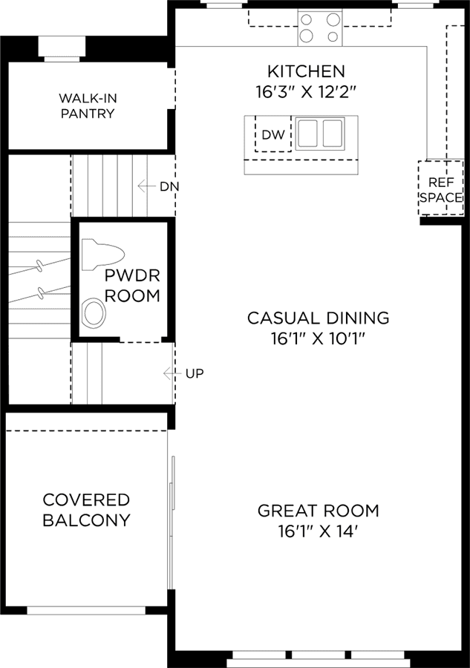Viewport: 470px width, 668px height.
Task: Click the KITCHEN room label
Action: click(x=306, y=71)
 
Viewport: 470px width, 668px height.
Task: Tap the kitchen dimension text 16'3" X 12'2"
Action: click(x=305, y=91)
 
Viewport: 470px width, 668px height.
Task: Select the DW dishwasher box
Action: click(x=273, y=134)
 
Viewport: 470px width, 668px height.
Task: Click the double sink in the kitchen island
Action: click(x=320, y=134)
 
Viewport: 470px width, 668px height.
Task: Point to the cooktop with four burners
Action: click(x=320, y=28)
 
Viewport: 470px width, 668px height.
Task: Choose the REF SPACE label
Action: click(x=440, y=190)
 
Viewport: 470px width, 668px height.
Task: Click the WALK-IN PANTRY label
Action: click(x=88, y=106)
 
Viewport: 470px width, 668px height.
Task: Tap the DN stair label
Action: click(x=169, y=186)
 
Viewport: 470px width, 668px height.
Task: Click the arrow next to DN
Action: click(x=146, y=186)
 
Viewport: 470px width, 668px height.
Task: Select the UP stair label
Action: click(x=195, y=373)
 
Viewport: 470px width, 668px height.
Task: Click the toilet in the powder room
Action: click(x=102, y=255)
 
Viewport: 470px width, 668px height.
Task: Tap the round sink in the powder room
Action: click(x=94, y=313)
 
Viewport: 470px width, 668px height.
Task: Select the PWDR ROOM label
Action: click(x=132, y=286)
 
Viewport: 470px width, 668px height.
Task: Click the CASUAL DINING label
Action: click(x=319, y=318)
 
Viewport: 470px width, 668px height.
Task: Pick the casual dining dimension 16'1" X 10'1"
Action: click(x=319, y=338)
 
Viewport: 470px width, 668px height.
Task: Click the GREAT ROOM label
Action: click(x=319, y=511)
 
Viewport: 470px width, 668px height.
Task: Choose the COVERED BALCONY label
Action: click(x=86, y=510)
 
